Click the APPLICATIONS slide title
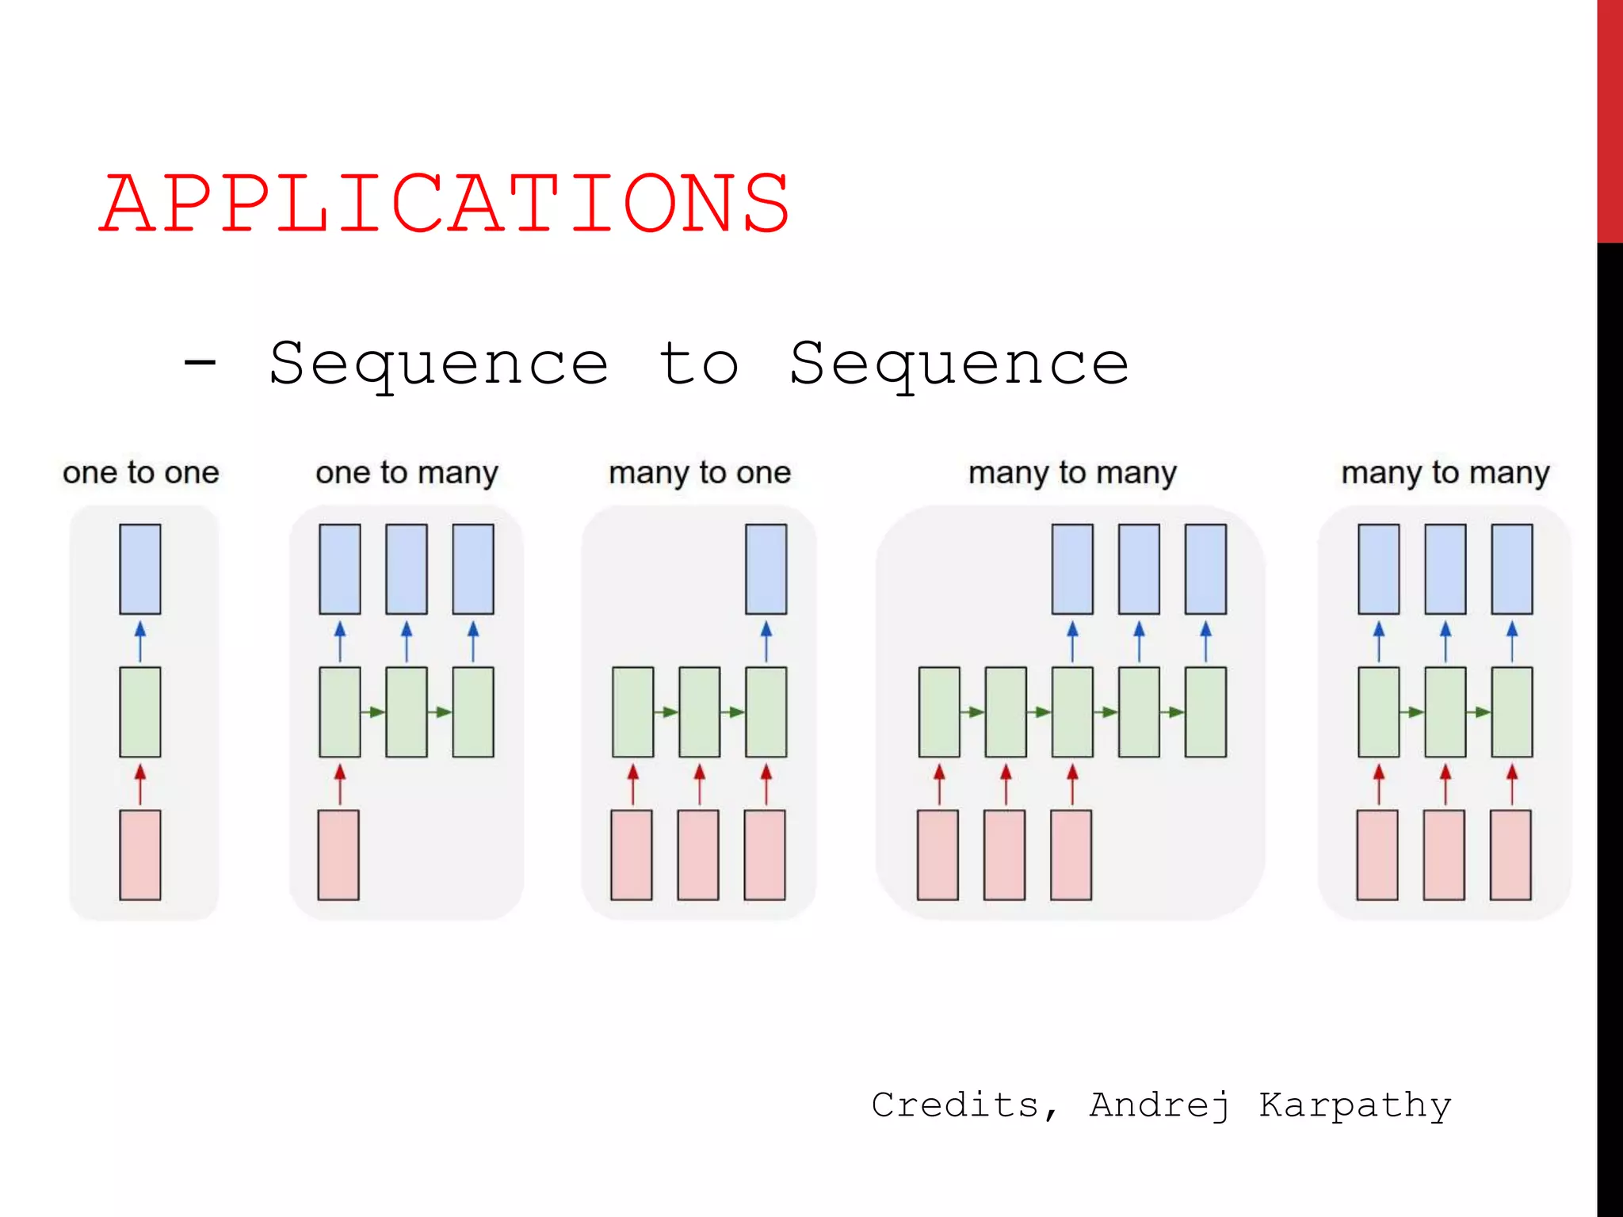444,204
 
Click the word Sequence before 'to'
438,364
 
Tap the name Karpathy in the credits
1354,1105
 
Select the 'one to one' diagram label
140,472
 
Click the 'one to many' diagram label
407,473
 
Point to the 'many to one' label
699,473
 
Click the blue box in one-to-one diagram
140,569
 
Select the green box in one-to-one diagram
140,712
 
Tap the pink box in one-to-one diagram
140,854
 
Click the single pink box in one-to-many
338,854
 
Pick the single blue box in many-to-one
766,569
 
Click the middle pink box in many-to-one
698,854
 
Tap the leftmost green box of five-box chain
939,712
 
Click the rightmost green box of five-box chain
1205,712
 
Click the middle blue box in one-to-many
407,569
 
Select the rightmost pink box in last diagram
1510,854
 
